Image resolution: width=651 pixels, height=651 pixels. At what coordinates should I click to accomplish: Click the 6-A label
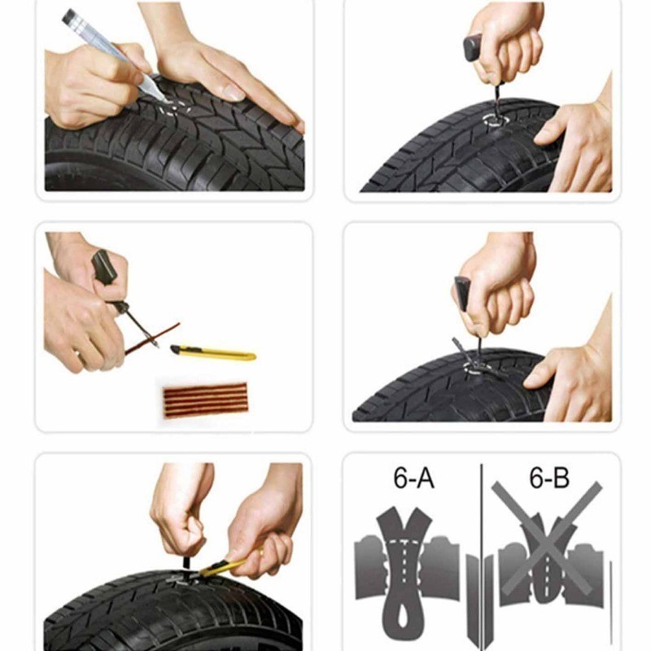click(x=413, y=478)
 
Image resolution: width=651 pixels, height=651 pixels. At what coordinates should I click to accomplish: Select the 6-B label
click(x=548, y=478)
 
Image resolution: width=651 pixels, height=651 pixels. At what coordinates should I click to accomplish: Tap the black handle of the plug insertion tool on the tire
click(x=462, y=293)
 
